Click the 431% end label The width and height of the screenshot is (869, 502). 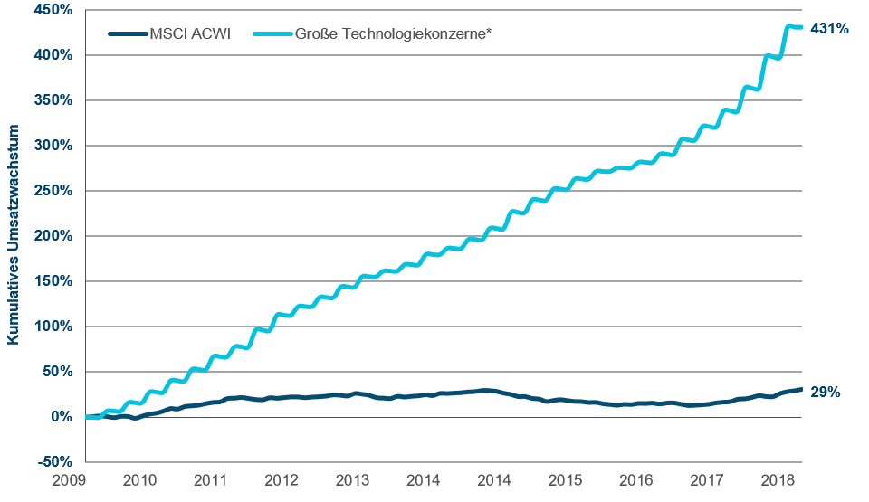point(828,29)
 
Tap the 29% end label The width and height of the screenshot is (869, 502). point(826,393)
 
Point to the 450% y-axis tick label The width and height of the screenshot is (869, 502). point(55,10)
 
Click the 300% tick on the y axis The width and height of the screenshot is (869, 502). point(55,146)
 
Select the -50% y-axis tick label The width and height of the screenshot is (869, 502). point(56,462)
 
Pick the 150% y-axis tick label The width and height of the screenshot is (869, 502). point(55,281)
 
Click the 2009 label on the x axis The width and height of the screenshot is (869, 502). point(69,478)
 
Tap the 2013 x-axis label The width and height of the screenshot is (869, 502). point(352,478)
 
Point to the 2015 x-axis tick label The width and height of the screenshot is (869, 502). point(565,478)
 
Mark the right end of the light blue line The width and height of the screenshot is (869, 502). point(801,27)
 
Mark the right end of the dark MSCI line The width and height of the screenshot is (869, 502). point(801,390)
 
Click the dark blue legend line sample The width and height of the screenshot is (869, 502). point(127,34)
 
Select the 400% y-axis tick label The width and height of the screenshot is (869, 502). point(55,55)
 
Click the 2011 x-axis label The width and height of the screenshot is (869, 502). point(210,478)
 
